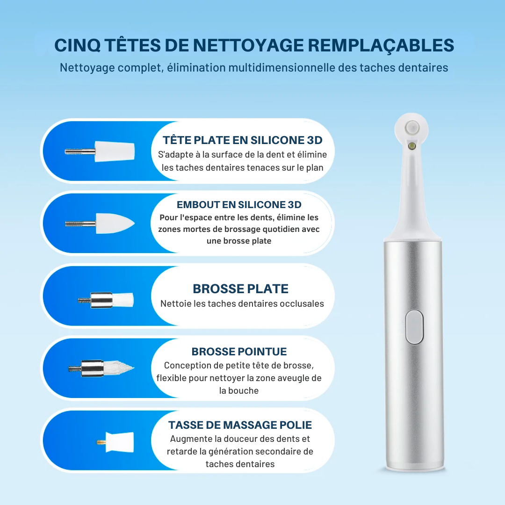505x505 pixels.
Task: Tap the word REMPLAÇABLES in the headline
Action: coord(381,45)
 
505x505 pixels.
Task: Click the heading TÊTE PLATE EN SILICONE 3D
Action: coord(243,140)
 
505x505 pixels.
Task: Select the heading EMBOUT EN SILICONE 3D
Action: coord(239,204)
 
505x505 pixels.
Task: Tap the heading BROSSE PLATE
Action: coord(241,289)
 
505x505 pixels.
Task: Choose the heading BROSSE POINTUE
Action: coord(239,351)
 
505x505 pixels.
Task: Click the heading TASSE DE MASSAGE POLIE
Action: coord(240,425)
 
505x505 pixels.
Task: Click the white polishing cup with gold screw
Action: coord(115,442)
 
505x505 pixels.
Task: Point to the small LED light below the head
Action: coord(411,147)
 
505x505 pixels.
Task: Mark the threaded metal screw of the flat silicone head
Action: coord(80,151)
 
